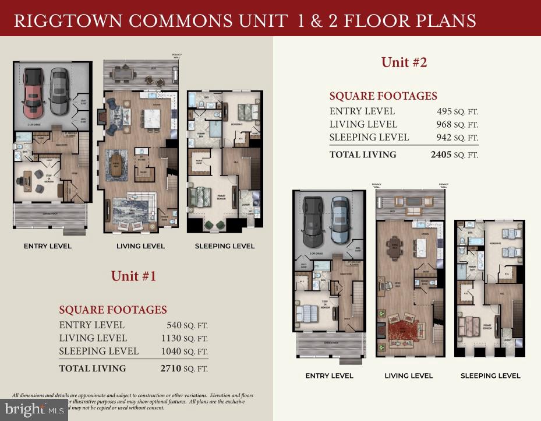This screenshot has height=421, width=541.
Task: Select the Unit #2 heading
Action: [x=404, y=62]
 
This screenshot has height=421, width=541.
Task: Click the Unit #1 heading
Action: [x=133, y=276]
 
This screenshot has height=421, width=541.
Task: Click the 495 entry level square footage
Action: [x=445, y=111]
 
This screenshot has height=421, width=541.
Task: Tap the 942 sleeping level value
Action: [x=445, y=138]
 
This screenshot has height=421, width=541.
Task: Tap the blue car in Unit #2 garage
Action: [x=340, y=220]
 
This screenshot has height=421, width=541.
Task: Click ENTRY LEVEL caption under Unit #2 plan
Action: [x=329, y=376]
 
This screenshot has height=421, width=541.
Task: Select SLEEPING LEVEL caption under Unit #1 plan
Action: [x=224, y=246]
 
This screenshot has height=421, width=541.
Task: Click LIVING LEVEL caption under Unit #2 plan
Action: [x=408, y=376]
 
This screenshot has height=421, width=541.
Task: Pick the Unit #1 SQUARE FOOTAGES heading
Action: [x=113, y=310]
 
